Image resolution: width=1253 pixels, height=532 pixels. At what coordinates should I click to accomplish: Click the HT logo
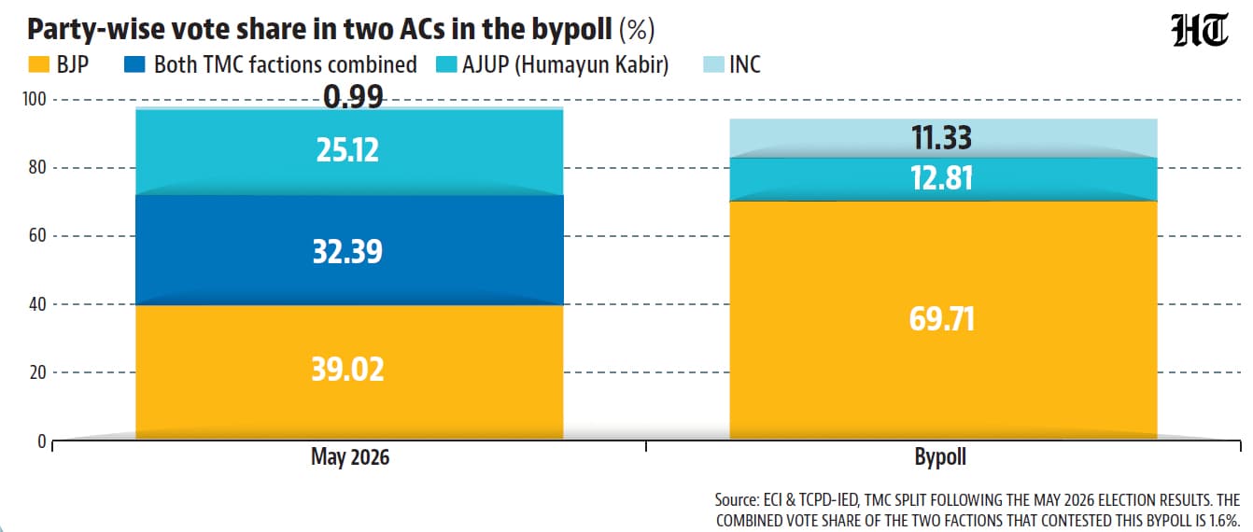(1199, 31)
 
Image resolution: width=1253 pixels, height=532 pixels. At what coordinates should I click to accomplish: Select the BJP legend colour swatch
(39, 64)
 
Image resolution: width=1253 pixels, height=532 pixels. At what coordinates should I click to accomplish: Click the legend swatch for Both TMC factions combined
(134, 64)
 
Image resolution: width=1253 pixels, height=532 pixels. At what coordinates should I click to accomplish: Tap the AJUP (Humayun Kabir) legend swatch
(446, 64)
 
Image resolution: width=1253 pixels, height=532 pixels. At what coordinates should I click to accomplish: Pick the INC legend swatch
(713, 64)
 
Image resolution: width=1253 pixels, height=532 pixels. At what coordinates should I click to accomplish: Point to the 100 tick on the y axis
(35, 100)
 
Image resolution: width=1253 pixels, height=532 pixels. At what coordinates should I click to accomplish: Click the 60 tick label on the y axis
(37, 235)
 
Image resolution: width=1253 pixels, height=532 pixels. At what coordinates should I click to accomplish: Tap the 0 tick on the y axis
(42, 441)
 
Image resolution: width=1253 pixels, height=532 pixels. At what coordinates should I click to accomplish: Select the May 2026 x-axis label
(350, 457)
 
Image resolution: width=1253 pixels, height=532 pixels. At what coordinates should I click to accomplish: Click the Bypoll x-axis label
(940, 457)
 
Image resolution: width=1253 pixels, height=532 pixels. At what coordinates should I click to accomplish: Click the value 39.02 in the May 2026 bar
(347, 370)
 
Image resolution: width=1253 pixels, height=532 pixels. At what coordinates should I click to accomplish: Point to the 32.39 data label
(347, 252)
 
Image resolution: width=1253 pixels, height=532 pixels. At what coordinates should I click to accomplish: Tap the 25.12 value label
(347, 150)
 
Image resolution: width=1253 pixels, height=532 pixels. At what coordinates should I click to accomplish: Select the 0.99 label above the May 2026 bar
(353, 97)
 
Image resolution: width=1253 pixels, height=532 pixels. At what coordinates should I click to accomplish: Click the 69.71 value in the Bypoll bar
(941, 319)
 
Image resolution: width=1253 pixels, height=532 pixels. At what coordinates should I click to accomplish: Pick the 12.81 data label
(941, 178)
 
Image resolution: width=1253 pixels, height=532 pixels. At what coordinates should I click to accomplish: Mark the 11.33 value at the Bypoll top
(941, 137)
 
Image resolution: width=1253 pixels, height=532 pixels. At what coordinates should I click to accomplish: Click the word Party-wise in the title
(94, 29)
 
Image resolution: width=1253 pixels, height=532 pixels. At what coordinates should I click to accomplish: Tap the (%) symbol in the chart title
(637, 29)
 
